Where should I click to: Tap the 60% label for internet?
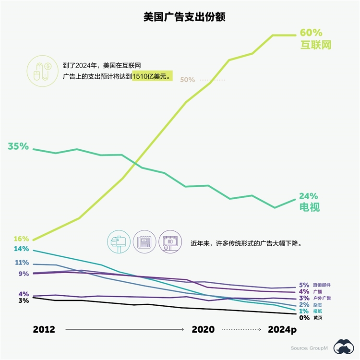[x=311, y=33]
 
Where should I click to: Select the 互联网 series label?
[x=316, y=45]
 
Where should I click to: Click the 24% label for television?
[x=308, y=196]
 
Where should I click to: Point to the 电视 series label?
[x=309, y=207]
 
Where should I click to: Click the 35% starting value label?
[x=18, y=146]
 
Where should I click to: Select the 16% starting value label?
[x=21, y=239]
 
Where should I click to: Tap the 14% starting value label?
[x=21, y=249]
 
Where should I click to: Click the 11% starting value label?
[x=22, y=263]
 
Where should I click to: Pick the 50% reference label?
[x=187, y=80]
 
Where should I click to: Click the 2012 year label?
[x=44, y=330]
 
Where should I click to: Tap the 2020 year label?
[x=203, y=330]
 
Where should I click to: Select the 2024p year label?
[x=283, y=330]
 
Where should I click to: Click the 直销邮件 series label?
[x=322, y=285]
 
